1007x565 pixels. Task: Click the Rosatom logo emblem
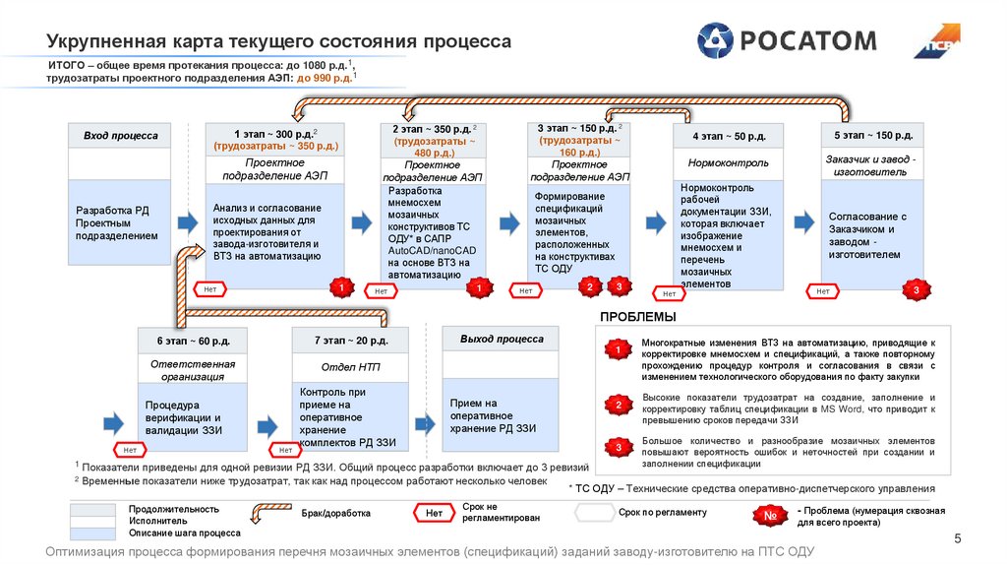coord(716,40)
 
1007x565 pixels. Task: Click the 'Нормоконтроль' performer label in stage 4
coord(729,163)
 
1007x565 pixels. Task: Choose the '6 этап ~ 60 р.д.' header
coord(193,341)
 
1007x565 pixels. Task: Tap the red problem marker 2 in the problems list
coord(618,405)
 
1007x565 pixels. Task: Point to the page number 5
coord(958,537)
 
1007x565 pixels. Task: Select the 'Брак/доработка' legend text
coord(335,513)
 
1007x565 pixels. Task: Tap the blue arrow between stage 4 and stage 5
coord(801,220)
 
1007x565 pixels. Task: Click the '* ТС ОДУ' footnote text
coord(751,488)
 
